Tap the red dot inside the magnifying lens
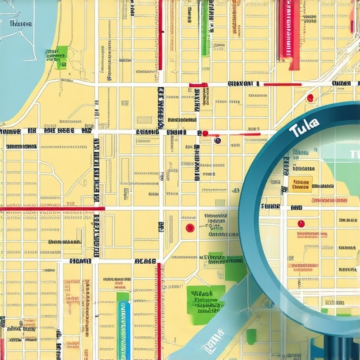[301, 224]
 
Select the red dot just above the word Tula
[309, 98]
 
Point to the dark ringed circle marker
[217, 140]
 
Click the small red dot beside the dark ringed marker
[205, 133]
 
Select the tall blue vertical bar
[124, 330]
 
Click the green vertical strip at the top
[206, 28]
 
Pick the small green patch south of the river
[252, 336]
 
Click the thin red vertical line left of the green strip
[160, 35]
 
